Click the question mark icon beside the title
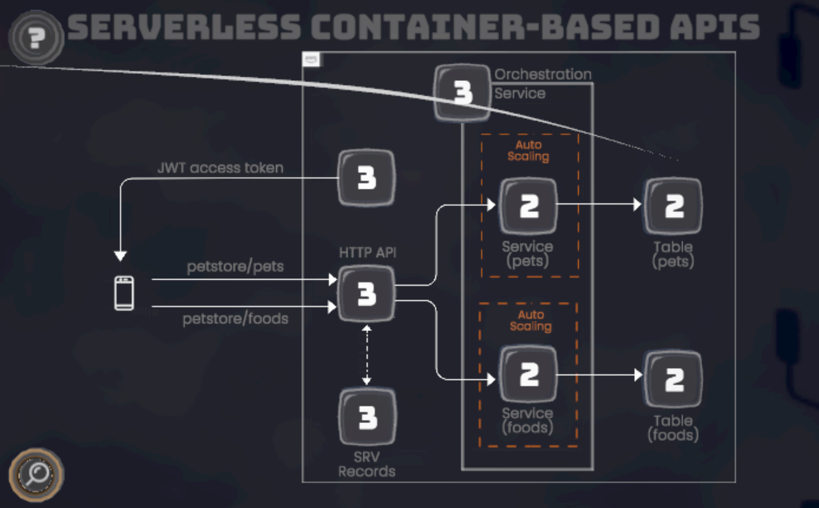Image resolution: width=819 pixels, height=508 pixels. [x=36, y=36]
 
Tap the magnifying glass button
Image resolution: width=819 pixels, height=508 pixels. [x=36, y=474]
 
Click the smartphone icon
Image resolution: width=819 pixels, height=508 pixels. [x=124, y=293]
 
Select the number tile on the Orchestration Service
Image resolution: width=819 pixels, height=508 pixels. [x=463, y=93]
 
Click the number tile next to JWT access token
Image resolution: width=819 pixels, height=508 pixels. [x=367, y=179]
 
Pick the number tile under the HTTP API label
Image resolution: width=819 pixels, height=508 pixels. [x=367, y=294]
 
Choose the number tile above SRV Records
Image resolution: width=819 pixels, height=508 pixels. [x=367, y=418]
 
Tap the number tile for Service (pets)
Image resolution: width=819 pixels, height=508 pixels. [x=529, y=207]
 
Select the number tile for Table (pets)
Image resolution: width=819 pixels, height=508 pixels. [x=673, y=207]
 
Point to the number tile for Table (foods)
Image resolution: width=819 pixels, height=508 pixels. [x=673, y=379]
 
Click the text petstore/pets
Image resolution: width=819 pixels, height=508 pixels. [x=235, y=267]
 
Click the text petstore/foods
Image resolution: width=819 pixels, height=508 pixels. [x=235, y=319]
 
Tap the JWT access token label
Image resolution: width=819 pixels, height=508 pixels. [x=220, y=167]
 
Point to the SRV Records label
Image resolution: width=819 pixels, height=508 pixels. [x=367, y=465]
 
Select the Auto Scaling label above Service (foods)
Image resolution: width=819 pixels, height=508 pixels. [x=531, y=320]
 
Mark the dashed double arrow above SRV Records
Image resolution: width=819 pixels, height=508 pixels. [x=367, y=355]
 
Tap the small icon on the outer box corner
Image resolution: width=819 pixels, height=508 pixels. [x=312, y=60]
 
